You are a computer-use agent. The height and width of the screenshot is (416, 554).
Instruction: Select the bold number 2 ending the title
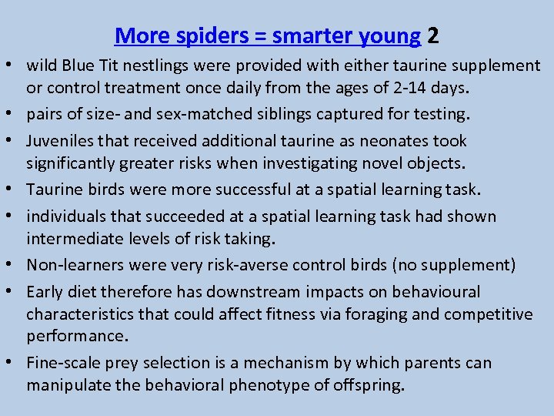pyautogui.click(x=434, y=35)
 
